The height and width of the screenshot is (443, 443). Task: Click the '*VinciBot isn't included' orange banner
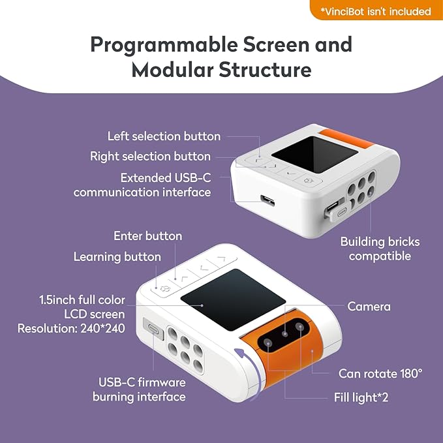pos(374,11)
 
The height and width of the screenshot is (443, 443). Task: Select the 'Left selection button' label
pos(164,136)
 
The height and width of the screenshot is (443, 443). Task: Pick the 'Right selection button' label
pos(150,156)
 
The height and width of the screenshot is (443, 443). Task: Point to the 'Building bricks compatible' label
pos(380,249)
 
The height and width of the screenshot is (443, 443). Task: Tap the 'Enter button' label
pos(147,236)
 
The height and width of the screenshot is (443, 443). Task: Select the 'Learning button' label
pos(117,256)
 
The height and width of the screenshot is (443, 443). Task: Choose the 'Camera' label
pos(369,306)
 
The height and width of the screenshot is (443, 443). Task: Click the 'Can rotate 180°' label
pos(380,374)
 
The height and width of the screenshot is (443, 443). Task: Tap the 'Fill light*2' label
pos(357,397)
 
